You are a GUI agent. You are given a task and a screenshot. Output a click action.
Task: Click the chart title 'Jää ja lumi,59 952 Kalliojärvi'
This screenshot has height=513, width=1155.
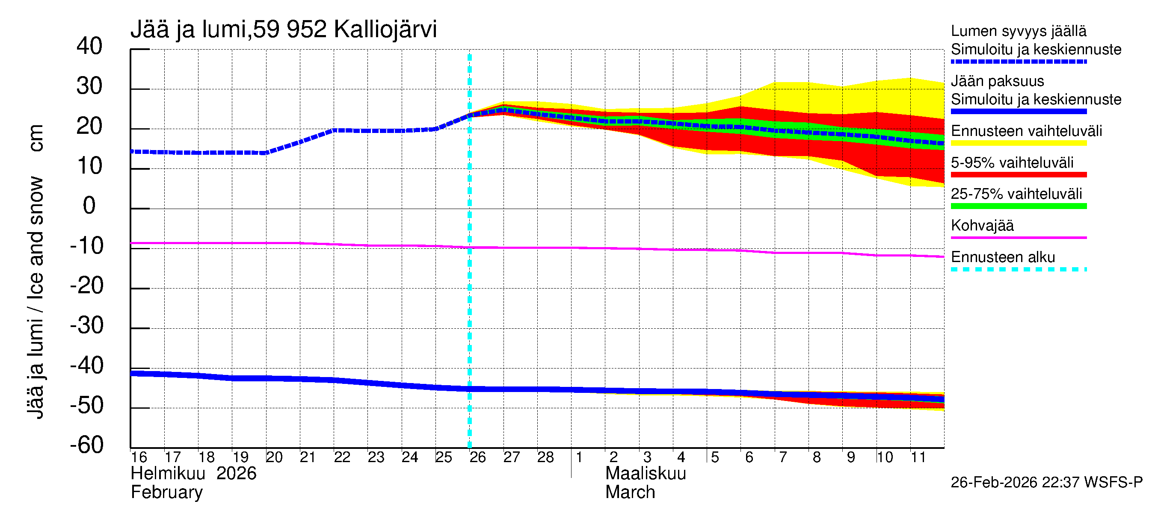283,29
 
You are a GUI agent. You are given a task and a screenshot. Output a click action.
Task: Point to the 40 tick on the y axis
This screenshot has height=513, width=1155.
89,46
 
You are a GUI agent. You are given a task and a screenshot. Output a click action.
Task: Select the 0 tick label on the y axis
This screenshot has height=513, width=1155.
89,206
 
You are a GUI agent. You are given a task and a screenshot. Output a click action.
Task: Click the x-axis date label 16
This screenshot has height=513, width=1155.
139,457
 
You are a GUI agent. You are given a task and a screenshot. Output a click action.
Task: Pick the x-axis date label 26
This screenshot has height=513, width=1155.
477,457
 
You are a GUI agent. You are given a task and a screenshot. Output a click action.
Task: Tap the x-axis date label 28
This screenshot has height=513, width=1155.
545,457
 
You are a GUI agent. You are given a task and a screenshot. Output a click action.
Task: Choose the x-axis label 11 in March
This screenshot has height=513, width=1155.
918,457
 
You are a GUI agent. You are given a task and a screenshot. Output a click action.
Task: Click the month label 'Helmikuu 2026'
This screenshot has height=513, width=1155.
193,474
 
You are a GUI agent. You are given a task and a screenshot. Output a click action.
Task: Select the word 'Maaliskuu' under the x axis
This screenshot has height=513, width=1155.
645,474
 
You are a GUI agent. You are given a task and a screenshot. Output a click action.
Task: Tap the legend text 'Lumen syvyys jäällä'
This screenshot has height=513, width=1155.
1018,31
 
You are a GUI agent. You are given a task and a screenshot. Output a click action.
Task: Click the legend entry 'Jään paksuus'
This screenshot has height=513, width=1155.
997,81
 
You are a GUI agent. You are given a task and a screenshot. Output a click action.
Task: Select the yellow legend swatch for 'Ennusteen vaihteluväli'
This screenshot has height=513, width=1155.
1018,143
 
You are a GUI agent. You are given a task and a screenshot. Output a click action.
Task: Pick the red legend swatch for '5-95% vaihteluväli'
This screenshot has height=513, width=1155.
1018,175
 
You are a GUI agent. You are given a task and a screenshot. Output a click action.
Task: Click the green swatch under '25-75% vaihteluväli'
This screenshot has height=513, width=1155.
1018,206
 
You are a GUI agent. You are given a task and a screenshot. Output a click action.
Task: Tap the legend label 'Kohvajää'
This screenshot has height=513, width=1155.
982,225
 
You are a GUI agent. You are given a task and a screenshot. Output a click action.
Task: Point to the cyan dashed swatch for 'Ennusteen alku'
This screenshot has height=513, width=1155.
1018,269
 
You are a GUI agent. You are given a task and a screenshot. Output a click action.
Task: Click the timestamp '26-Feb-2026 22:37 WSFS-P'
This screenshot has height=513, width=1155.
1046,482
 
